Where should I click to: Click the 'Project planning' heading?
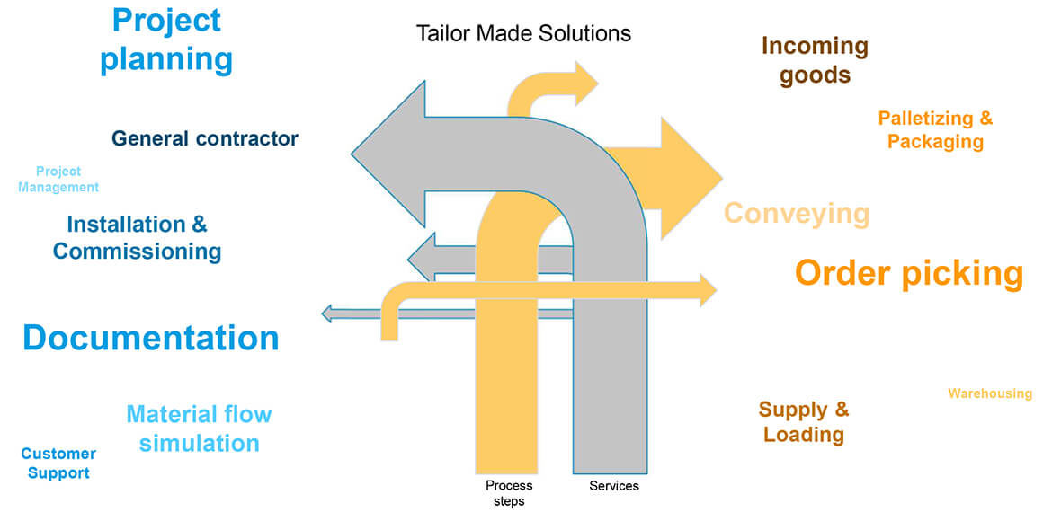point(166,40)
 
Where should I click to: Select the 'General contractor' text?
point(205,138)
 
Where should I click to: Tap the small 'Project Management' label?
point(58,179)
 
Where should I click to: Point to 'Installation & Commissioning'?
point(137,237)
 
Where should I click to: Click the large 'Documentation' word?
point(151,338)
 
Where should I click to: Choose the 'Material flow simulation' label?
point(199,428)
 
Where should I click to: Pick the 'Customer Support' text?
point(58,463)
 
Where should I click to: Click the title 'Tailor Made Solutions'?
point(523,34)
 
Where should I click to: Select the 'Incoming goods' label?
point(815,59)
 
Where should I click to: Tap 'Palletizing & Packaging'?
point(935,130)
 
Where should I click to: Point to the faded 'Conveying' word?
point(797,214)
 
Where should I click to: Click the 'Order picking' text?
point(908,273)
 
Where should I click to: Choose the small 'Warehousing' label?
point(990,393)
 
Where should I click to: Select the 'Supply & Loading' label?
point(804,422)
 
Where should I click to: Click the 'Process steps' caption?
point(509,493)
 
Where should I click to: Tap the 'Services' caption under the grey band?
point(614,486)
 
